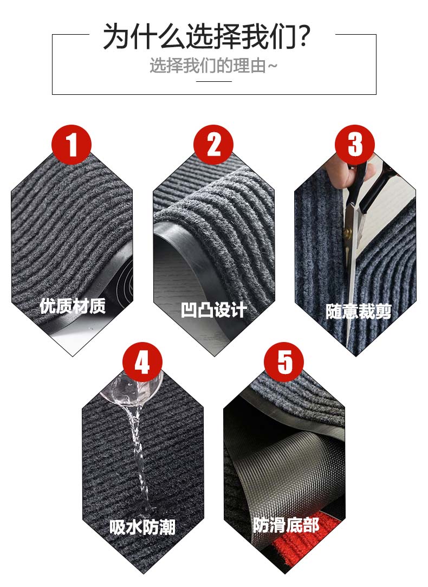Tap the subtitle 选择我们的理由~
click(213, 66)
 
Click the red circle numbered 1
click(72, 145)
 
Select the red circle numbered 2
click(213, 145)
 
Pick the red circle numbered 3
click(355, 145)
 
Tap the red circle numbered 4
click(142, 362)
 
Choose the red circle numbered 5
click(284, 362)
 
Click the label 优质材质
click(73, 306)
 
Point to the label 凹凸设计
click(213, 310)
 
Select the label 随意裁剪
click(359, 312)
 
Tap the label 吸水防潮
click(142, 527)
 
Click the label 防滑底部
click(286, 525)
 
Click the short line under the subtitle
click(214, 81)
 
